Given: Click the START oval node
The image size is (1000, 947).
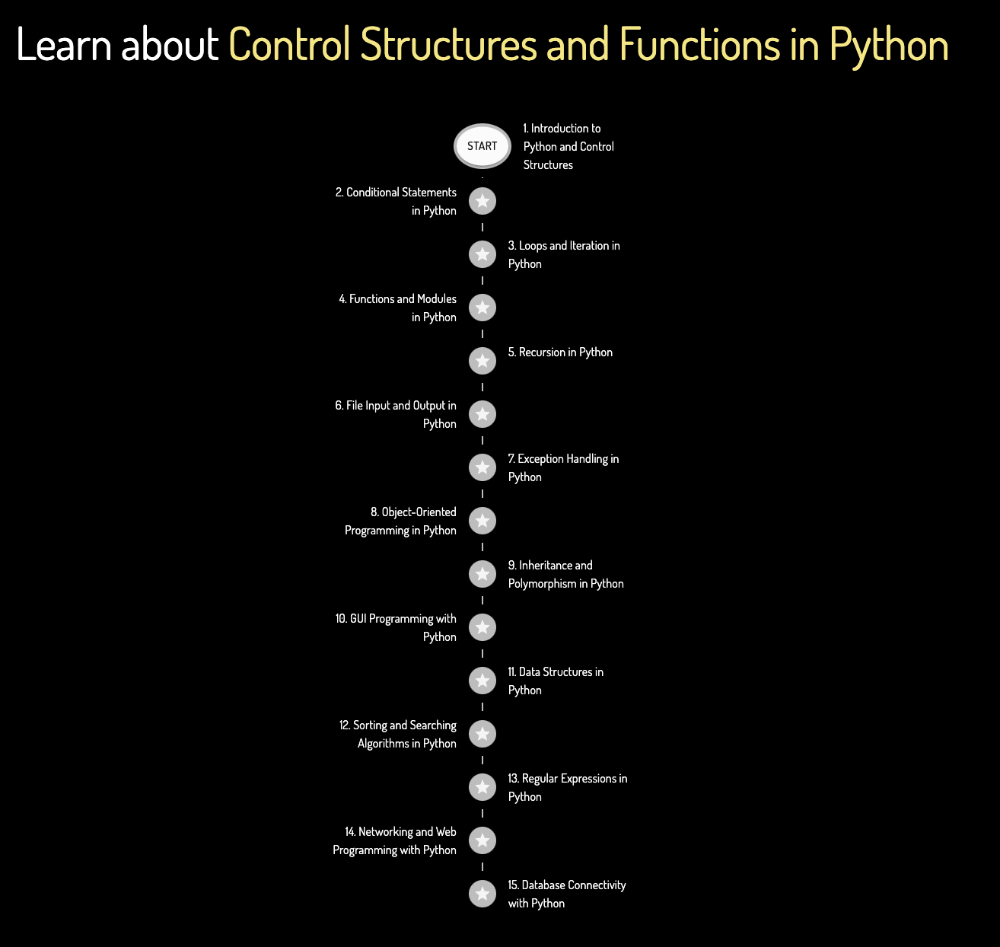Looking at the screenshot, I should pos(482,145).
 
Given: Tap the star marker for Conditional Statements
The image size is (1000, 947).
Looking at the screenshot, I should pos(482,201).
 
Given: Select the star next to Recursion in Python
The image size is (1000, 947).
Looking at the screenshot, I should pos(482,361).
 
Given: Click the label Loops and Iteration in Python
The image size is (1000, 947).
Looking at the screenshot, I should pos(564,255).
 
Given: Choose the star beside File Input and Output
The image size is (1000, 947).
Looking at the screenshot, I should pos(482,414).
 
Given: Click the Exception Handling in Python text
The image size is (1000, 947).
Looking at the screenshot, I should pos(563,468).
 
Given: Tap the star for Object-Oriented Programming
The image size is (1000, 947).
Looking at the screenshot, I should pos(482,521).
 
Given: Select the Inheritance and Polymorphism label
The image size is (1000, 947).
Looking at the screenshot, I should pos(565,575).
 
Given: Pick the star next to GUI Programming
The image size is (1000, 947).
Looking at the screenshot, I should pos(482,627).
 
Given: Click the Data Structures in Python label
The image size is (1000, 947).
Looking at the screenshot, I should pos(556,681).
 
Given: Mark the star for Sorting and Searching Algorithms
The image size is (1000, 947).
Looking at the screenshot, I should pos(482,734).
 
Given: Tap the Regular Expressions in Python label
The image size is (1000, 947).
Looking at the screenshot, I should pos(567,788).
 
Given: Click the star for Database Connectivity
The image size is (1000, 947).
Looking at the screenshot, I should pos(482,894).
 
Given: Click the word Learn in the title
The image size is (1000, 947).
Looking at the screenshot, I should pos(64,45).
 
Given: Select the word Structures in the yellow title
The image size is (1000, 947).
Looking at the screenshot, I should pos(448,45).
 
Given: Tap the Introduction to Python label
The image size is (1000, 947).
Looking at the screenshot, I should pos(568,146).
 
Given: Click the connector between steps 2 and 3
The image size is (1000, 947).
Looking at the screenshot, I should pos(482,227).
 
